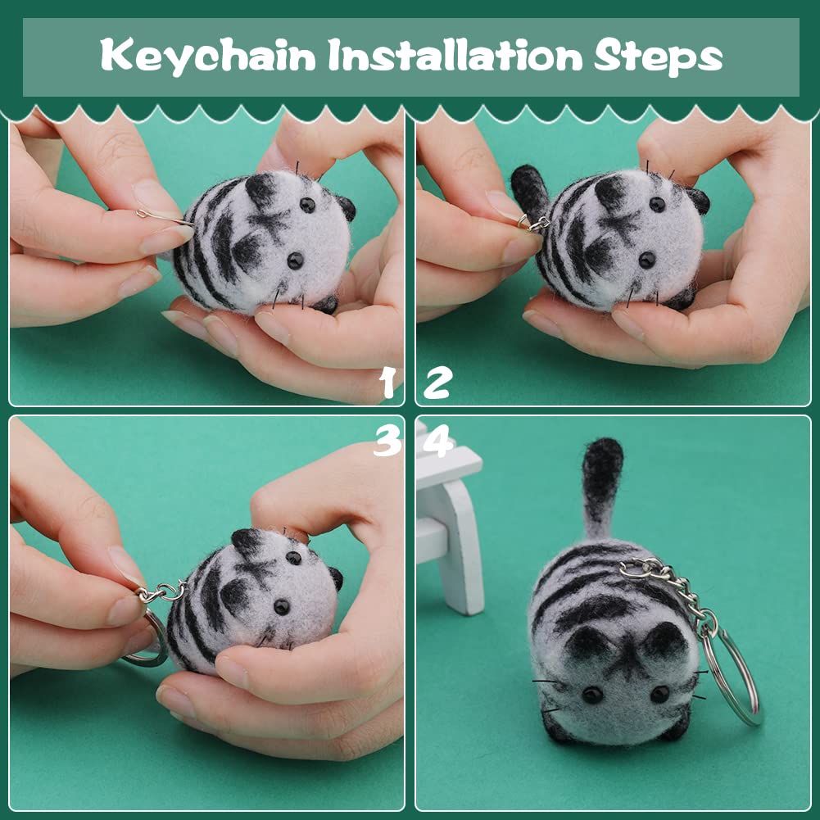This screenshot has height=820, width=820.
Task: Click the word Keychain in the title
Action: tap(208, 56)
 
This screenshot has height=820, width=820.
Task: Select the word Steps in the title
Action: tap(659, 56)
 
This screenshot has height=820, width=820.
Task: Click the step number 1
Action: tap(387, 383)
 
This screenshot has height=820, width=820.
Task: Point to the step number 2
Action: tap(437, 383)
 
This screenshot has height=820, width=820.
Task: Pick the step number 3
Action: tap(387, 441)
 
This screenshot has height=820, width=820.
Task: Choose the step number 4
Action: tap(437, 441)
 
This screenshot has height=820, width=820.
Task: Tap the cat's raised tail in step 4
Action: tap(601, 487)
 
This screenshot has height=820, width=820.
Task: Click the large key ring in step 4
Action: tap(731, 675)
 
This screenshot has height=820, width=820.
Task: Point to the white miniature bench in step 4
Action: tap(450, 518)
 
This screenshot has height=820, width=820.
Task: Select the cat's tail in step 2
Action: tap(529, 192)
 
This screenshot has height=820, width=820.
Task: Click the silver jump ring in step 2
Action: tap(532, 224)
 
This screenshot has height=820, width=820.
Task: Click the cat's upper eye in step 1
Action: tap(307, 205)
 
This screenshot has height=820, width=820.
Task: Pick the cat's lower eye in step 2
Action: tap(647, 260)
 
